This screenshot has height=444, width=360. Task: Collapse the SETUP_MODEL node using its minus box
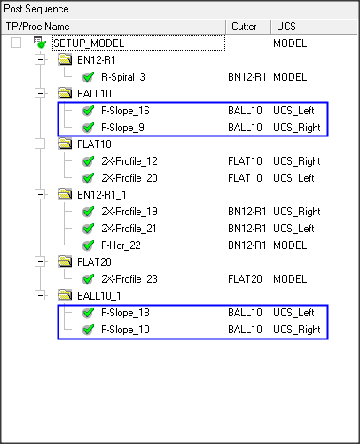pos(16,43)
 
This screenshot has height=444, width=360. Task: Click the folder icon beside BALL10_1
pos(65,295)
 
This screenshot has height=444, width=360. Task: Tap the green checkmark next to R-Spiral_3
pos(88,77)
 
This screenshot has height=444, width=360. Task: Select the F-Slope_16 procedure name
pos(125,111)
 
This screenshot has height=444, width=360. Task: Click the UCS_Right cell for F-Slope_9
pos(297,128)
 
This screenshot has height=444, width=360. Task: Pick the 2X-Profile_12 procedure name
pos(129,161)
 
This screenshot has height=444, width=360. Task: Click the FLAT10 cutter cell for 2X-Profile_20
pos(245,178)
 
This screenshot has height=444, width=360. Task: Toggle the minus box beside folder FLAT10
pos(40,144)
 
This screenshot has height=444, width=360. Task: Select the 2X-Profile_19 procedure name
pos(129,212)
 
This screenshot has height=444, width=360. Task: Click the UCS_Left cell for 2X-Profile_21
pos(293,229)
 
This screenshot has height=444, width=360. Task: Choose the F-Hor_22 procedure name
pos(121,245)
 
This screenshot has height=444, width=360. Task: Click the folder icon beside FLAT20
pos(65,261)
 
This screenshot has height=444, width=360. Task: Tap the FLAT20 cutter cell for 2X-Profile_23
pos(245,279)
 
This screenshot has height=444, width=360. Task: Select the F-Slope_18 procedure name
pos(125,313)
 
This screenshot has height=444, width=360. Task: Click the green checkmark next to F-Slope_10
pos(88,330)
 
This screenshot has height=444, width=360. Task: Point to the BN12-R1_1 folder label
pos(102,195)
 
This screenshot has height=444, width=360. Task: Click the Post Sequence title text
pos(36,9)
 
